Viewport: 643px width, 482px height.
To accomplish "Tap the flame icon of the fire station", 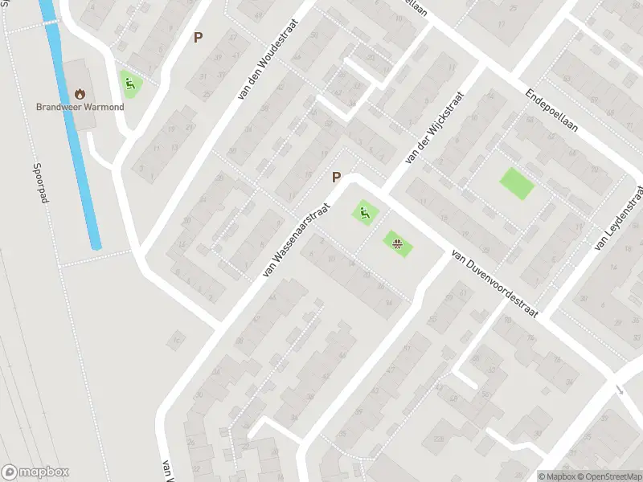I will point(80,93).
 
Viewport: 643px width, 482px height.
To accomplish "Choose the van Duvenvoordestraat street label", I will point(494,282).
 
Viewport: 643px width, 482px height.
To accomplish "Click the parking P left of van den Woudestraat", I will point(198,37).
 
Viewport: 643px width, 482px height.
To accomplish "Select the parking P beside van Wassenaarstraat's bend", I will point(337,178).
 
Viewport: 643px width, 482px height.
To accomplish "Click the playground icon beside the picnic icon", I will point(365,213).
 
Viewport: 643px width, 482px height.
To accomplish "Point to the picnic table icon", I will point(397,243).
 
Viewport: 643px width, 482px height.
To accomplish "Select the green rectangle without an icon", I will point(516,184).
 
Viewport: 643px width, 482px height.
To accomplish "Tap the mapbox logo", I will point(35,472).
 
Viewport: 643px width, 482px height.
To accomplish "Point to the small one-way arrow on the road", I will point(620,389).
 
